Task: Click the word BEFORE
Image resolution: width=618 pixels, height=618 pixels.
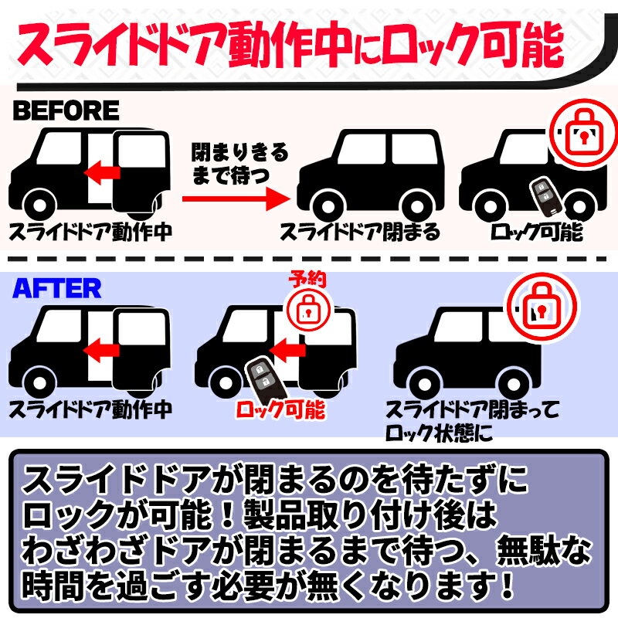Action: click(66, 110)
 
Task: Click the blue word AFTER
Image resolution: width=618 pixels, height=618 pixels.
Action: click(56, 288)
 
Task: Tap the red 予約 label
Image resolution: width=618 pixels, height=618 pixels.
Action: click(307, 279)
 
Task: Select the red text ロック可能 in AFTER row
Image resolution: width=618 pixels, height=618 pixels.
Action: click(280, 410)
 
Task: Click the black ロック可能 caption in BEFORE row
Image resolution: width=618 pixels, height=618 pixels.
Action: click(537, 231)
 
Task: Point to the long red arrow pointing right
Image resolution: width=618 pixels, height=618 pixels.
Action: click(236, 199)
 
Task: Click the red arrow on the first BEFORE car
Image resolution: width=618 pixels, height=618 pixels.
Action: click(102, 172)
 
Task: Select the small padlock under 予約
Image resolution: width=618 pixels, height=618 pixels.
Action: click(308, 309)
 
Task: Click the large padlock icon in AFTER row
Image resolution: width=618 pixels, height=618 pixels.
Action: click(542, 305)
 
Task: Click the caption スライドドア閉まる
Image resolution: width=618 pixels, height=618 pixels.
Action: click(360, 231)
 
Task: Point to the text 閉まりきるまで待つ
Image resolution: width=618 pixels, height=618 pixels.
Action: click(239, 164)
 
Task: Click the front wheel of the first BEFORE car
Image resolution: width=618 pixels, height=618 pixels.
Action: click(39, 205)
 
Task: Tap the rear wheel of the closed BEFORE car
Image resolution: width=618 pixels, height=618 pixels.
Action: click(416, 205)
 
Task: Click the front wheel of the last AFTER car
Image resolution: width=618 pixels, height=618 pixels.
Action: click(425, 383)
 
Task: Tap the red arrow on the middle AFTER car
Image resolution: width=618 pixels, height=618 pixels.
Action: click(287, 351)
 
